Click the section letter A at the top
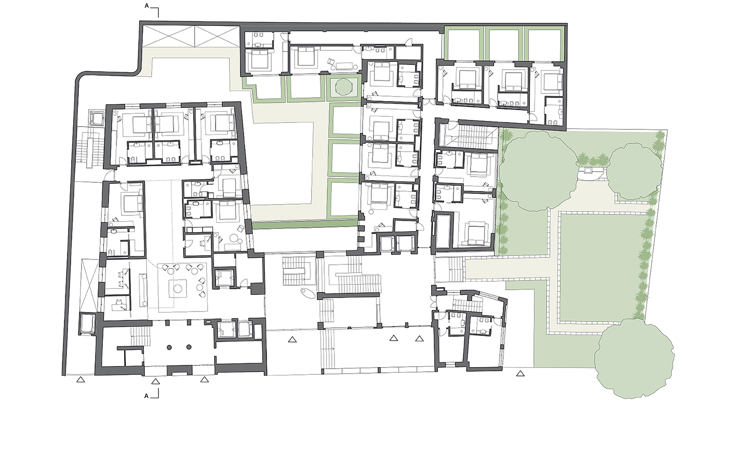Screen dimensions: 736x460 (x=146, y=6)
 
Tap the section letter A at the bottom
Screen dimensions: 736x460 (x=146, y=396)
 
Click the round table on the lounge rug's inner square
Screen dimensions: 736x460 (x=178, y=289)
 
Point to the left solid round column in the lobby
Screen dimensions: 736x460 (x=169, y=347)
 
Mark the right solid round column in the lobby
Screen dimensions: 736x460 (x=189, y=347)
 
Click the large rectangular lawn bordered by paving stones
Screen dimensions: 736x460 (x=603, y=267)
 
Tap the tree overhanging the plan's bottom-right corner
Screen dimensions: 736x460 (x=635, y=359)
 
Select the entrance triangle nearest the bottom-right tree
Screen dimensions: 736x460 (x=520, y=373)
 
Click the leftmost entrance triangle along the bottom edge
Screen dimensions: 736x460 (x=81, y=380)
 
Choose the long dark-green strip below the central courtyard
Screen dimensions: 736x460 (x=305, y=225)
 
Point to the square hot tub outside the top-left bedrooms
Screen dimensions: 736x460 (x=97, y=118)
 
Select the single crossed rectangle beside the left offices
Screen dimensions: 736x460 (x=89, y=286)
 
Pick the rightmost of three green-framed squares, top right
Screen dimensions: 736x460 (x=544, y=44)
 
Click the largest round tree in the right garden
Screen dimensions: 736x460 (x=538, y=171)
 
